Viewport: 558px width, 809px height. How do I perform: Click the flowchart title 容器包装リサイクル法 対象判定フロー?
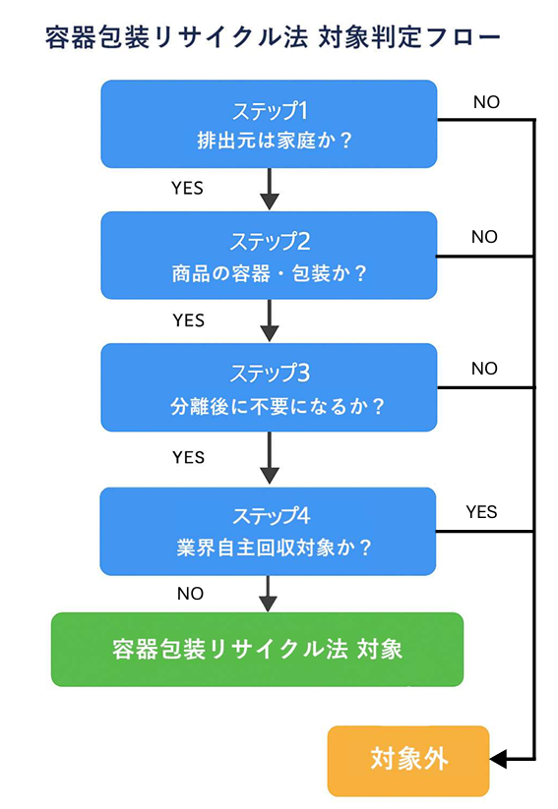(x=273, y=38)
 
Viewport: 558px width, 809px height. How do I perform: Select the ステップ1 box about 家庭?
(x=269, y=124)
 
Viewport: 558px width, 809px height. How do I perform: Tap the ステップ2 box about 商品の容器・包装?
(x=269, y=256)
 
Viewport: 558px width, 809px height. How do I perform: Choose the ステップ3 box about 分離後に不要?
(x=269, y=387)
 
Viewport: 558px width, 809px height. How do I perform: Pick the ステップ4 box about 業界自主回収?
(x=269, y=531)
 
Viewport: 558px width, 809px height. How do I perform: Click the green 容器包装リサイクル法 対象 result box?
(x=257, y=650)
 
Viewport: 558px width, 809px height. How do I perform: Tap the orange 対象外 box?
(x=407, y=760)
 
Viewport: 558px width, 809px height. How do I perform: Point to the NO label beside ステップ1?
(x=486, y=102)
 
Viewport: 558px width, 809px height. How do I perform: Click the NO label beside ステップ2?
(x=484, y=237)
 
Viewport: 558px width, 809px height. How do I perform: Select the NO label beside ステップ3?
(x=484, y=369)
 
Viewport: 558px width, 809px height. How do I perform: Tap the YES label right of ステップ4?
(x=481, y=512)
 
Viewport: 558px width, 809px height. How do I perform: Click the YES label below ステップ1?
(x=187, y=188)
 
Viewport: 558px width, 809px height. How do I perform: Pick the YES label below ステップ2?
(x=188, y=320)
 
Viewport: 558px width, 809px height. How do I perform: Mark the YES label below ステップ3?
(x=188, y=457)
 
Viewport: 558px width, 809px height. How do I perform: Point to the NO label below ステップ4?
(x=190, y=594)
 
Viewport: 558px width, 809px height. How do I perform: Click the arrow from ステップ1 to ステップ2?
(x=269, y=190)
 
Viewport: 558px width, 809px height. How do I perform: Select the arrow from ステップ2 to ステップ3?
(x=269, y=321)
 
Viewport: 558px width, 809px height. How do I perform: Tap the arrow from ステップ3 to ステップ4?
(x=269, y=458)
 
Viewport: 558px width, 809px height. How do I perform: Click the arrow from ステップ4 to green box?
(x=269, y=595)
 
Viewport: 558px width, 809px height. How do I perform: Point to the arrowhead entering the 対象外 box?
(x=498, y=759)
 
